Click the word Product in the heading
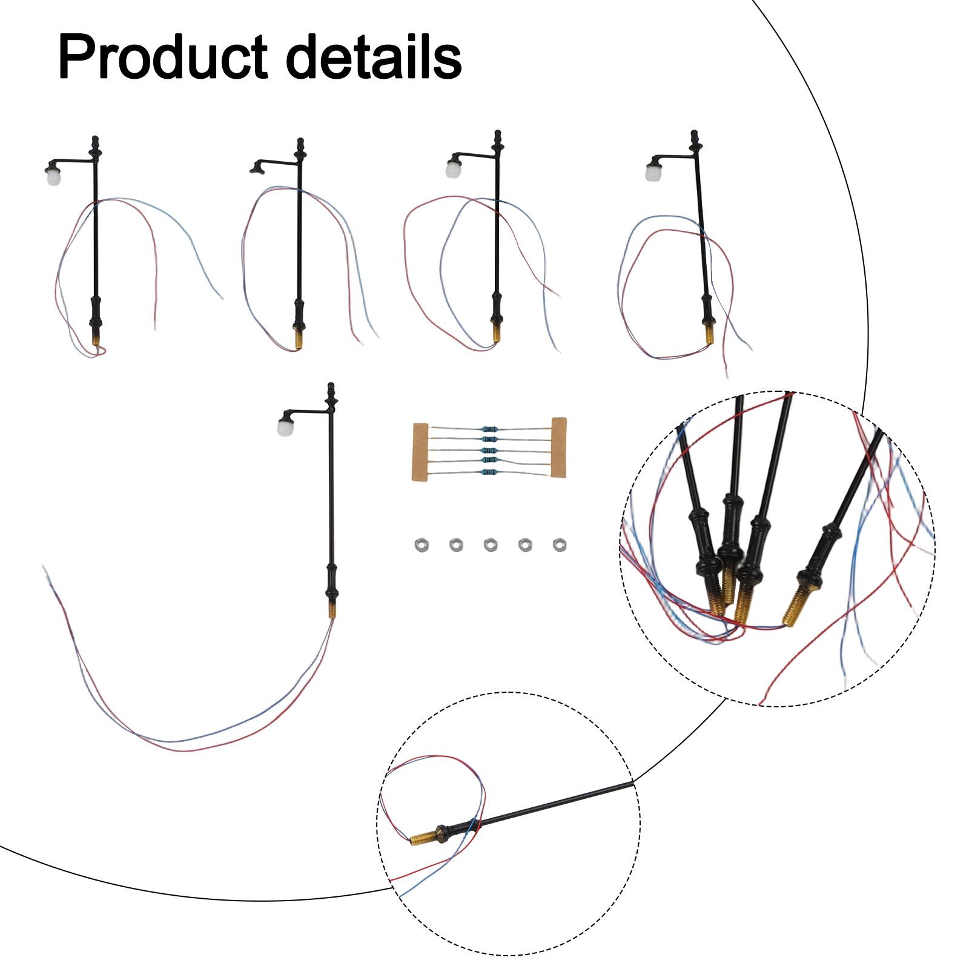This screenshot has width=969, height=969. coord(163,58)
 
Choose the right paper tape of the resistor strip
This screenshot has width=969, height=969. coord(558,447)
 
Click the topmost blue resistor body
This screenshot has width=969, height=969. coord(489,429)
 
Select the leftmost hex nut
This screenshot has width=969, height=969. coord(418,545)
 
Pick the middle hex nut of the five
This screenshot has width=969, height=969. coord(490,545)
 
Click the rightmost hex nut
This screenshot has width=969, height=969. coord(560,544)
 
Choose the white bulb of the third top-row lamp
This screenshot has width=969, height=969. coord(452,168)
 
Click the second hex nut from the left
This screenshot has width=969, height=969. coord(455,545)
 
